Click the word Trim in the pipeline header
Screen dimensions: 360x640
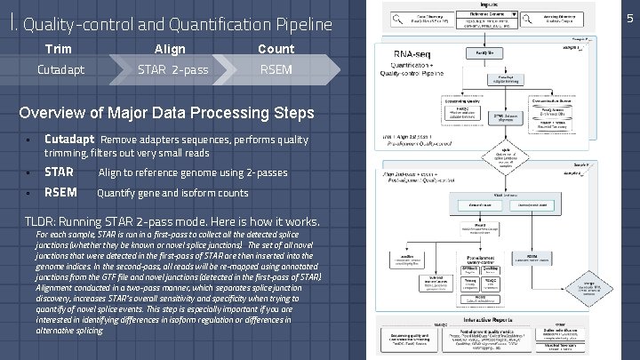(59, 49)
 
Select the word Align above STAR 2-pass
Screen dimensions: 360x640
(170, 49)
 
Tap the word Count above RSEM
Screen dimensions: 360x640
(276, 49)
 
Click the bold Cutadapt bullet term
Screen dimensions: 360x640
(69, 140)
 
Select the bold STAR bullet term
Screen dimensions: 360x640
(59, 172)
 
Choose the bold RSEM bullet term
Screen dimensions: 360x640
(60, 193)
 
